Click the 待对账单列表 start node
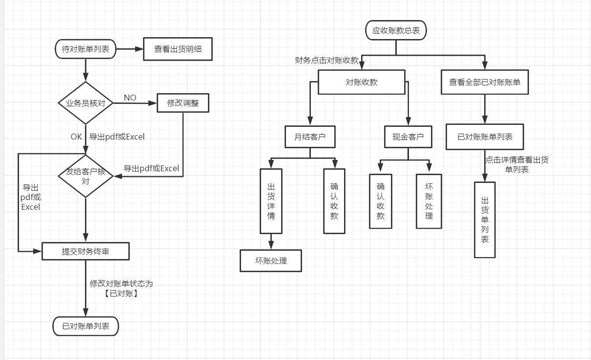(85, 49)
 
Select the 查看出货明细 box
(178, 49)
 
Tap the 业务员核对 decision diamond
(85, 103)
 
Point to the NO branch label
(130, 98)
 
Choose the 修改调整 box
(183, 103)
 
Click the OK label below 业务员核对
(77, 137)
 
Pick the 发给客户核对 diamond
(85, 176)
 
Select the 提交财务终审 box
(85, 252)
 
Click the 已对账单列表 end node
(85, 326)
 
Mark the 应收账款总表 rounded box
(396, 30)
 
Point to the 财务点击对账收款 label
(327, 60)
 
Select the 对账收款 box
(361, 82)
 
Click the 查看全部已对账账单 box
(485, 82)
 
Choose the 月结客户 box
(310, 137)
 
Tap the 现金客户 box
(408, 137)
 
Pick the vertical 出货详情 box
(271, 201)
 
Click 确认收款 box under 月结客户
(334, 201)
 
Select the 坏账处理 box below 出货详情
(271, 260)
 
